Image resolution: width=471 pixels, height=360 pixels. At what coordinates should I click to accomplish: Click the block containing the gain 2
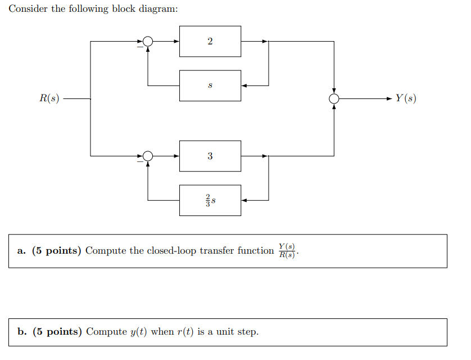pos(210,41)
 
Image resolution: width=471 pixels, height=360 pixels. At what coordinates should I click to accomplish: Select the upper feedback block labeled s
pos(210,85)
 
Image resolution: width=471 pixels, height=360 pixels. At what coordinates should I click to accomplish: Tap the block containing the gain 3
pos(210,156)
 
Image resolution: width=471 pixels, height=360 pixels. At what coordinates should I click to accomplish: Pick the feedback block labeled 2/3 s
pos(210,200)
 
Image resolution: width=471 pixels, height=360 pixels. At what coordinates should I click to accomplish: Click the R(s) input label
pos(49,98)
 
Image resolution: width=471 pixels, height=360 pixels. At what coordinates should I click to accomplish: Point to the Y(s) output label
pos(405,98)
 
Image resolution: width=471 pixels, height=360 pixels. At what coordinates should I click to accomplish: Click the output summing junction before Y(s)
pos(334,98)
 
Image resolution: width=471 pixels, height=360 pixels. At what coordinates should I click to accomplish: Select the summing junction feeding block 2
pos(148,41)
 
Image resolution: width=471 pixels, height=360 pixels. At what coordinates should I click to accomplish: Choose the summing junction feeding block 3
pos(148,156)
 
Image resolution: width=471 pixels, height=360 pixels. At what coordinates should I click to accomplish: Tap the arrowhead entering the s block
pos(244,85)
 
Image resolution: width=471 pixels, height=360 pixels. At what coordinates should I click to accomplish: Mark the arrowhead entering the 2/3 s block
pos(244,200)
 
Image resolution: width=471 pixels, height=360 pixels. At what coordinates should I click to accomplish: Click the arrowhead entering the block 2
pos(176,41)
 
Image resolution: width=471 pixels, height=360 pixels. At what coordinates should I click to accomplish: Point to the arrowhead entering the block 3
pos(176,156)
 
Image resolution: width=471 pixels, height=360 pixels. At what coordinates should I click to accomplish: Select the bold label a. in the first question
pos(21,251)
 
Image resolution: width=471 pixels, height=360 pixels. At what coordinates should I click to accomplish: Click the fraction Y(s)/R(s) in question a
pos(287,251)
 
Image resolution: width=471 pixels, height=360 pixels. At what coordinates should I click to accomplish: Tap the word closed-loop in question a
pos(170,251)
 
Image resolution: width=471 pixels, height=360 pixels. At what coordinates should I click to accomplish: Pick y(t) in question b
pos(139,332)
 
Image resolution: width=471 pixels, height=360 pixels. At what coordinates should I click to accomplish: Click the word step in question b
pos(247,332)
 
